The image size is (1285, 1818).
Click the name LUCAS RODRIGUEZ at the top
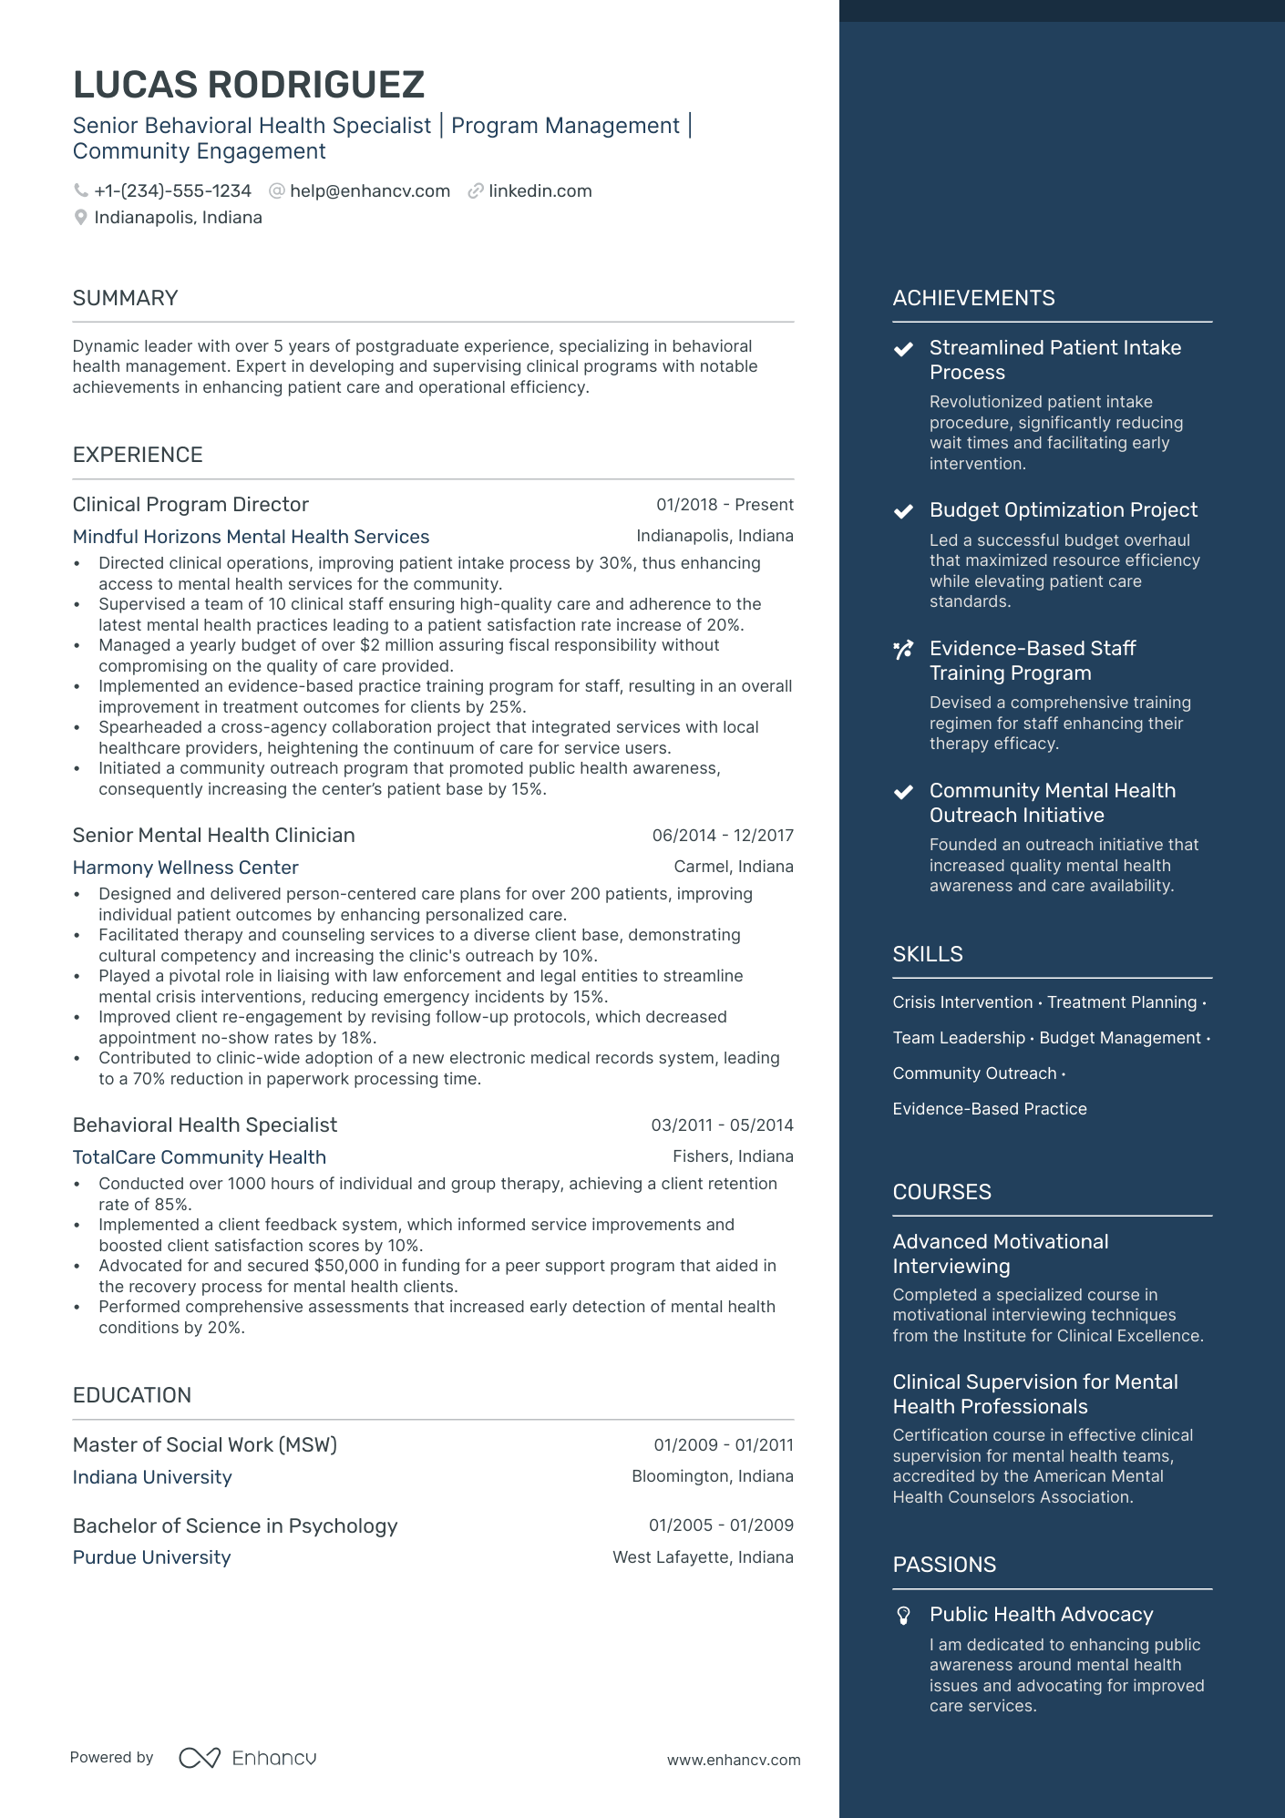248,85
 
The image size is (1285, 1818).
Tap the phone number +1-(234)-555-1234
172,191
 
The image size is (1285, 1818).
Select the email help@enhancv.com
369,191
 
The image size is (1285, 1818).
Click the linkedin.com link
540,191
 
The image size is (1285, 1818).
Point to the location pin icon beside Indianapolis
81,218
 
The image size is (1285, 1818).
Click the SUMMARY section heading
125,298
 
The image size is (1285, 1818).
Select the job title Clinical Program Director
190,505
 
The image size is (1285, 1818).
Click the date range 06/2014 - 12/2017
722,836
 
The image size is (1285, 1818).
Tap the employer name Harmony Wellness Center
185,868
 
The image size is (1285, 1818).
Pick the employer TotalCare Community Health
199,1157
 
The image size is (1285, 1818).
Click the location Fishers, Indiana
733,1156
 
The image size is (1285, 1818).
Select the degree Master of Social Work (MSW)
204,1445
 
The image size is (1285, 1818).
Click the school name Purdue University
151,1557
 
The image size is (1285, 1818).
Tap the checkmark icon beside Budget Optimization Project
903,511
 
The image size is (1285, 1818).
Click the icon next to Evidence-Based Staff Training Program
903,650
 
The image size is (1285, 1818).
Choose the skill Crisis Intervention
962,1002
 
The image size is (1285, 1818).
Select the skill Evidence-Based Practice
989,1109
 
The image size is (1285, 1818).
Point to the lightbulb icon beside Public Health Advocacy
903,1616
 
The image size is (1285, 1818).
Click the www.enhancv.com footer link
733,1760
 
